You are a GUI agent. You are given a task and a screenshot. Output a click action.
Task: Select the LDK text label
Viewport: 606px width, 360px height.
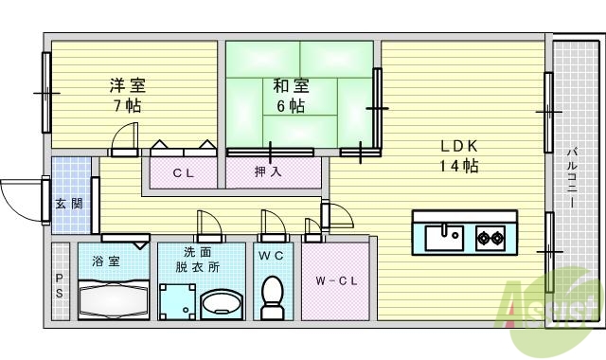click(458, 147)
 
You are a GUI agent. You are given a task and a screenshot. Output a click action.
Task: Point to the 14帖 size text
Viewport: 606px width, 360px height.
click(458, 167)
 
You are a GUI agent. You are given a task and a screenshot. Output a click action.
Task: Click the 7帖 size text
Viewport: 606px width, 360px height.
click(126, 106)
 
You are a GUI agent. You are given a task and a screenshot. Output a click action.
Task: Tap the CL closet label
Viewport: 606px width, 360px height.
click(183, 173)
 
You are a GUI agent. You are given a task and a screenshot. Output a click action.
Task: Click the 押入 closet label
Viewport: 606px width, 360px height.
click(267, 172)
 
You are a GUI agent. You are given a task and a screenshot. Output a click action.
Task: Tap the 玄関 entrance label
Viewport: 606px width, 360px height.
click(67, 203)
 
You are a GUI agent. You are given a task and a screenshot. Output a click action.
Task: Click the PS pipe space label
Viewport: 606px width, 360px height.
click(59, 285)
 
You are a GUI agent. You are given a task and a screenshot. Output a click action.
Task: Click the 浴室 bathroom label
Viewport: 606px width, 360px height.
click(105, 260)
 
